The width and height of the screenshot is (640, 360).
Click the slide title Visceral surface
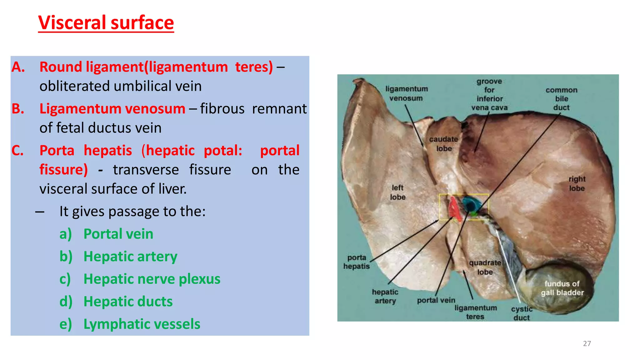click(106, 22)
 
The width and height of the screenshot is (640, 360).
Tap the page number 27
click(587, 343)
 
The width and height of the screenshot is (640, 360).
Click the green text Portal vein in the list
click(118, 234)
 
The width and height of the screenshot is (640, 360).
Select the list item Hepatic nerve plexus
click(152, 279)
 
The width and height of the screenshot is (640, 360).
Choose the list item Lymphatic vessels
click(142, 324)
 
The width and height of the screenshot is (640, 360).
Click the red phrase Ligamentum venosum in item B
click(112, 109)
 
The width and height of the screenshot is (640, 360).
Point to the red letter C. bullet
click(18, 151)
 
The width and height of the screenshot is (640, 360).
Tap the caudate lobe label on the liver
click(443, 144)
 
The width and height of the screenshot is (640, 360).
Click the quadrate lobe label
click(485, 267)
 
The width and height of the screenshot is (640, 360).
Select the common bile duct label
click(562, 99)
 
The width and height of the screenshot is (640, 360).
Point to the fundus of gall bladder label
click(562, 288)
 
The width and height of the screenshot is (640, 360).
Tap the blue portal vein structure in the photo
click(469, 203)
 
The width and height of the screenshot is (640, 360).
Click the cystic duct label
click(522, 313)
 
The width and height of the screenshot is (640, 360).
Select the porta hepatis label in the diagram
click(357, 262)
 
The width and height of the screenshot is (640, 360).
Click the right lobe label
click(577, 184)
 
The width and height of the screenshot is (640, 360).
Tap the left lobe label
click(397, 192)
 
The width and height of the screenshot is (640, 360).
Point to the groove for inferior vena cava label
click(489, 94)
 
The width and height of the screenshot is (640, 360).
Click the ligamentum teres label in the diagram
click(475, 312)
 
